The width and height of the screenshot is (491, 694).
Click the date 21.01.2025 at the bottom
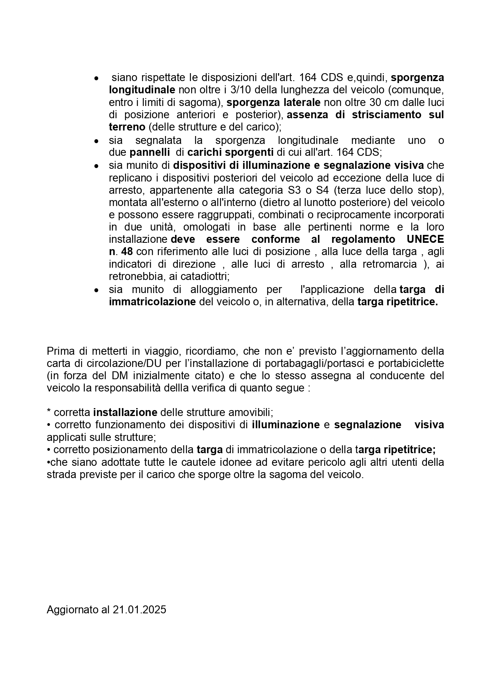139,609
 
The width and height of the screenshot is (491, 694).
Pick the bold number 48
127,252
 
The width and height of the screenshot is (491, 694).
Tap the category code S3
295,190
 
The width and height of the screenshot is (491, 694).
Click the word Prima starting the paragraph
58,351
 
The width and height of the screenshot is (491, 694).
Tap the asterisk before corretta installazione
49,412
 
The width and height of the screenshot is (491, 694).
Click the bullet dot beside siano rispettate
96,78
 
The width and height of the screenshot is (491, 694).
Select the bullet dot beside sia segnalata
96,141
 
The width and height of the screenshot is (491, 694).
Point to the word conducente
397,375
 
